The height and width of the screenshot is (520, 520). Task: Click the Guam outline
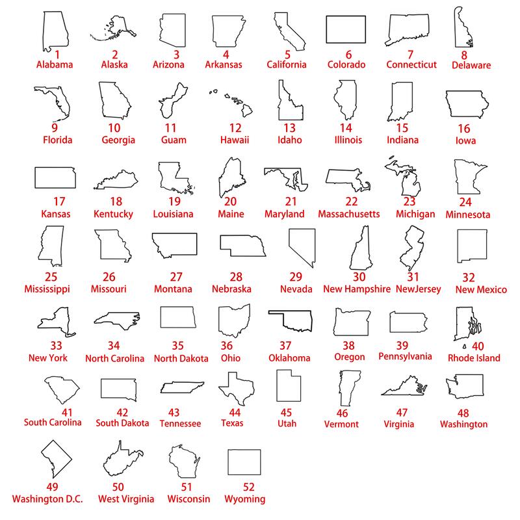tap(165, 99)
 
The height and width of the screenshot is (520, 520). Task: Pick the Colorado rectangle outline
tap(326, 29)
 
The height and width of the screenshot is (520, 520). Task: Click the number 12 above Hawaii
tap(235, 128)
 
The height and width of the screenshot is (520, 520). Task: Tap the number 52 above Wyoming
tap(248, 487)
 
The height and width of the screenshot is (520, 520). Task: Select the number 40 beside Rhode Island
tap(478, 346)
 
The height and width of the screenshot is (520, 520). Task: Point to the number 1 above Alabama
tap(57, 55)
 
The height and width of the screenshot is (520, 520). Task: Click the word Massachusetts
tap(349, 214)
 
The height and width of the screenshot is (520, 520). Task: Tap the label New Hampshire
tap(357, 289)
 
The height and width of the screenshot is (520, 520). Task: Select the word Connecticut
tap(411, 64)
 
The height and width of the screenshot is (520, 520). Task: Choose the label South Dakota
tap(122, 423)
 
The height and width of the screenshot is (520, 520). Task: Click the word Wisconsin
tap(188, 499)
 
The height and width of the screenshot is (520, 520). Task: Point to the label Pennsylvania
tap(405, 356)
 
